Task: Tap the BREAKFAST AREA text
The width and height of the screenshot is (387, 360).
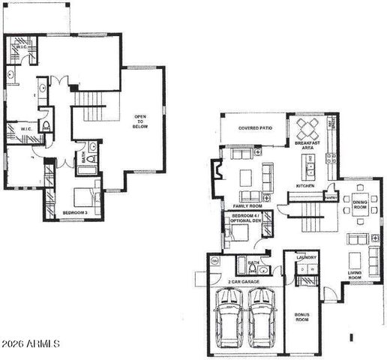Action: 308,145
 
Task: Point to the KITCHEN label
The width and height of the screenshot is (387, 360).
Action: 304,184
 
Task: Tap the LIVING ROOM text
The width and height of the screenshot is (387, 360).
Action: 355,275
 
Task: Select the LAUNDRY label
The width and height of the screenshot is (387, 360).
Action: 306,258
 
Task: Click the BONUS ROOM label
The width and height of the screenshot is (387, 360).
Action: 302,318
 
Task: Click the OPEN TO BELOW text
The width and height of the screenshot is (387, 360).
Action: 140,122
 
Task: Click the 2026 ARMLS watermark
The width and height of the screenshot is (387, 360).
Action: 31,343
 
